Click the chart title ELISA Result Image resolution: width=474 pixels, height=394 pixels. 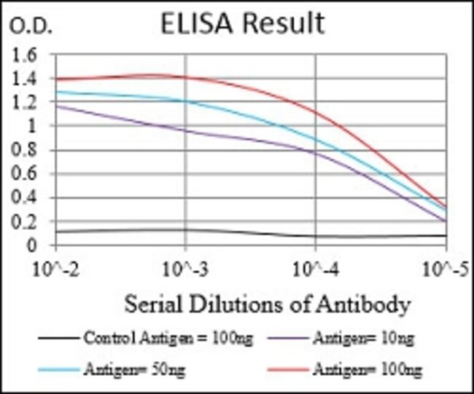(242, 23)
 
